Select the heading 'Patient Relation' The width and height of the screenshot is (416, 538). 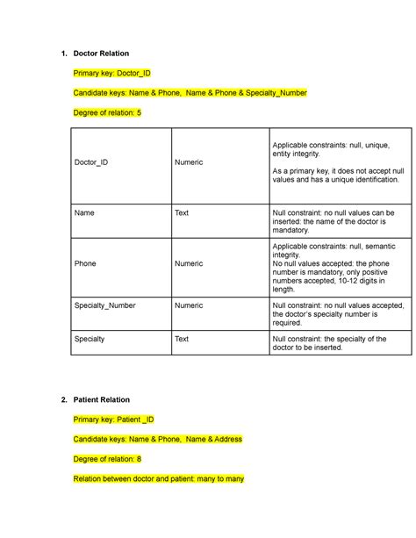pos(102,400)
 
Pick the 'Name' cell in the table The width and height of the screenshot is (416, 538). pos(84,212)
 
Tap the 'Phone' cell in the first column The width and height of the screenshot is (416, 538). pos(86,263)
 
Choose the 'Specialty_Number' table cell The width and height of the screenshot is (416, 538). pos(105,305)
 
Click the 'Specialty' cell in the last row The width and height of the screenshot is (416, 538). pos(90,338)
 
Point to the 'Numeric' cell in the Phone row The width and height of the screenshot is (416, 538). pos(189,263)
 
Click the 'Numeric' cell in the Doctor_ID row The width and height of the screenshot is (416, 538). pos(189,162)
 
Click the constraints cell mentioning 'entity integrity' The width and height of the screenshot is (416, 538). pos(337,162)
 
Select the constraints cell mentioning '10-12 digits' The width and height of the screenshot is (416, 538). pos(337,263)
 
